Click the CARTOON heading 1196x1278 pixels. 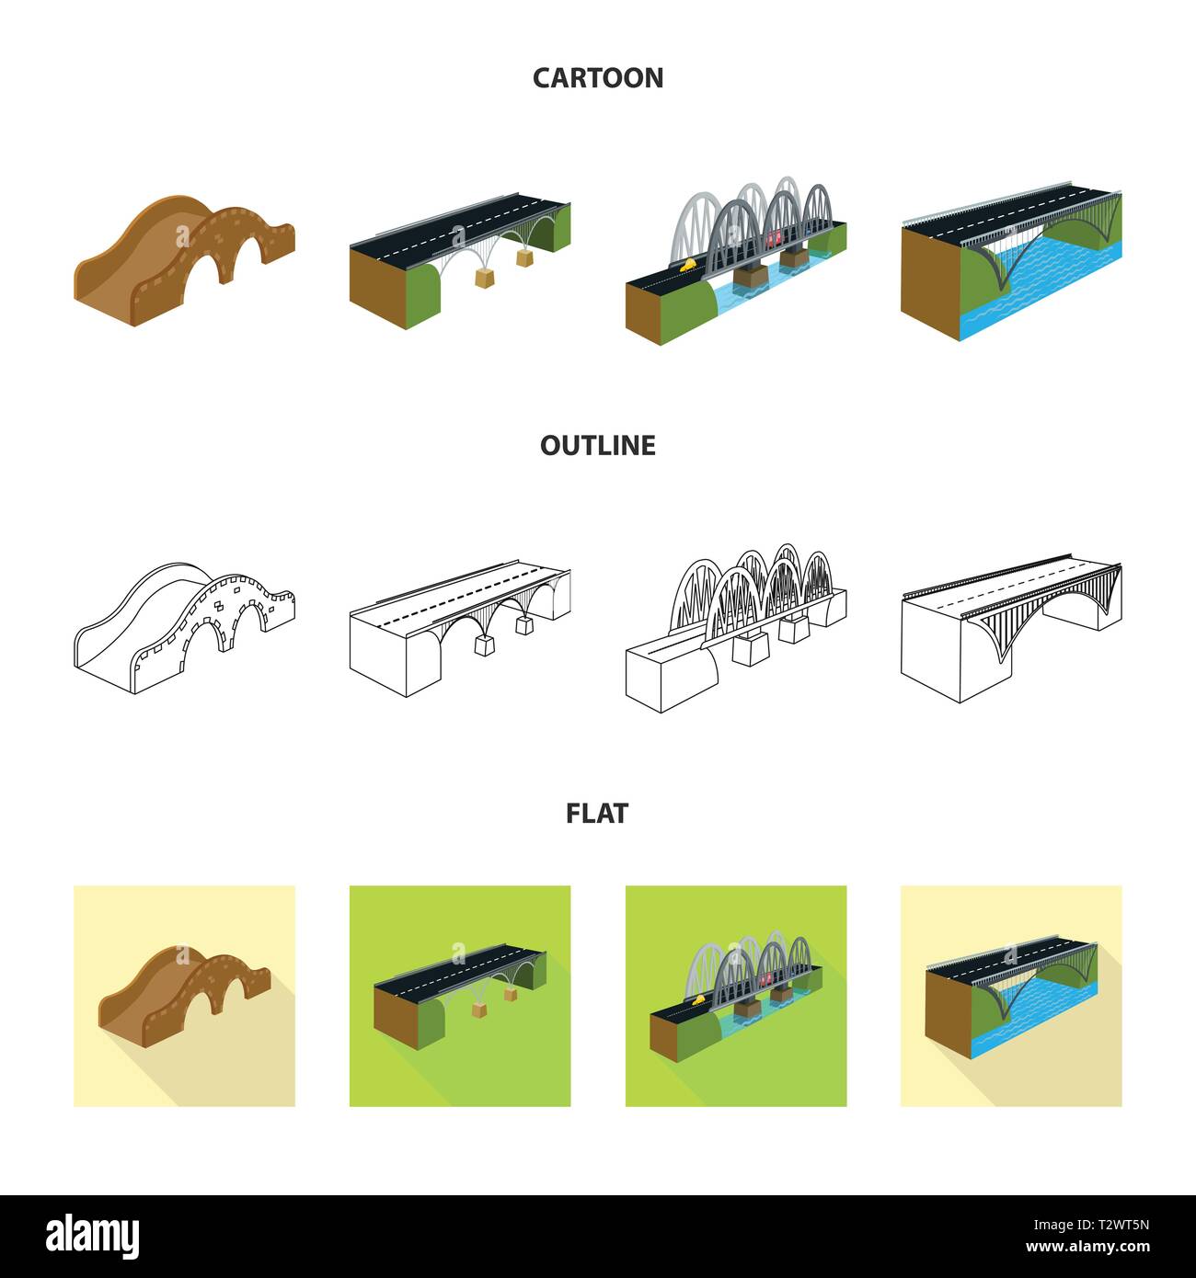click(598, 78)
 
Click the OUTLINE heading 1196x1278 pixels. click(598, 445)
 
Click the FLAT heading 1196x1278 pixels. click(597, 814)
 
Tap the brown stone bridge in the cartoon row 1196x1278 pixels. click(185, 260)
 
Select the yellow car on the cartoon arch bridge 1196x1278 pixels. click(688, 264)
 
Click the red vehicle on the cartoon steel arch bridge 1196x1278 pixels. click(774, 239)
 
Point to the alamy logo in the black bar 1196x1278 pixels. click(92, 1237)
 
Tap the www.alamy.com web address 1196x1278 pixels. click(1087, 1247)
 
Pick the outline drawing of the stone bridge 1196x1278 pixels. click(185, 627)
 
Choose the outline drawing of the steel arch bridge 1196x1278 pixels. click(736, 627)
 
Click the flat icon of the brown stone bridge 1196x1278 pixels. click(184, 996)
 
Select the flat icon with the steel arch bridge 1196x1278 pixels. click(736, 996)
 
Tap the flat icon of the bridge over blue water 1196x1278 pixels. click(1011, 996)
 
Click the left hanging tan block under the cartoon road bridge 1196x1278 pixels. click(484, 278)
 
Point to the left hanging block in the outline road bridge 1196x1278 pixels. click(484, 645)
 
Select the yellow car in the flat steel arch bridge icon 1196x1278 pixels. click(698, 999)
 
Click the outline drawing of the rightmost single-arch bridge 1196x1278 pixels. click(1011, 627)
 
